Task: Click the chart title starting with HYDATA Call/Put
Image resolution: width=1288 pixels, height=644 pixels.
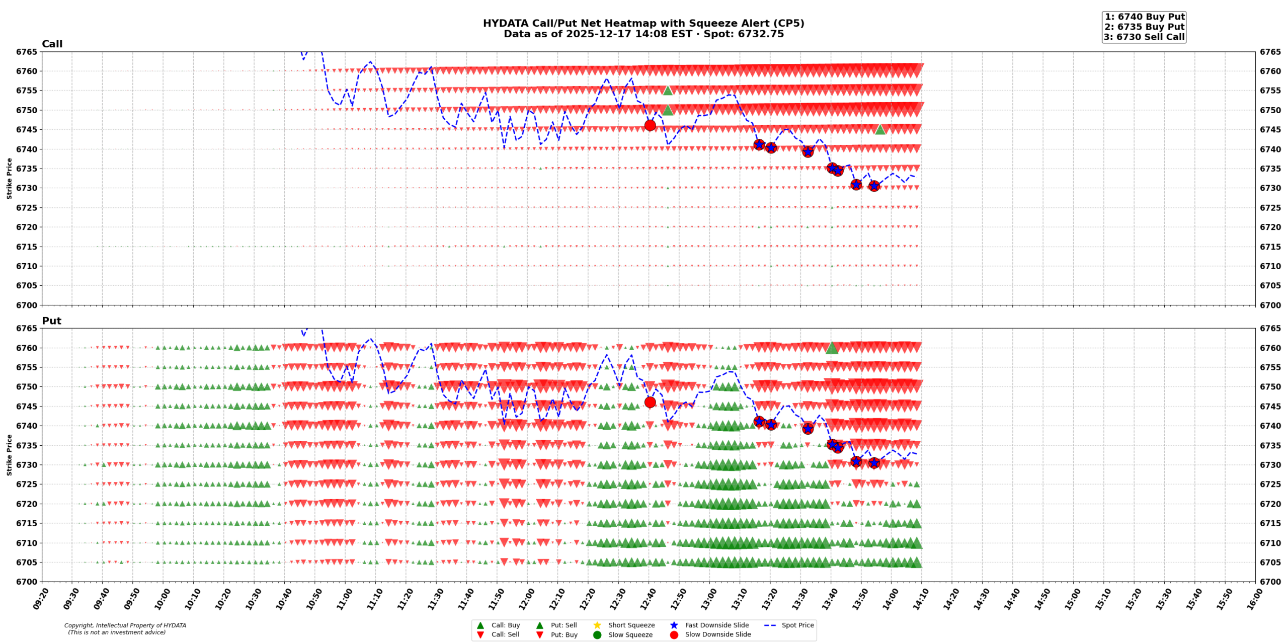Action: pyautogui.click(x=643, y=24)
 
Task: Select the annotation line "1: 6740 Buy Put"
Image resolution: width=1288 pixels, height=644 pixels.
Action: pyautogui.click(x=1144, y=17)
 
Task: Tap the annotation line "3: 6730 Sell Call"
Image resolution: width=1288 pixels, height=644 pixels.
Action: pyautogui.click(x=1144, y=37)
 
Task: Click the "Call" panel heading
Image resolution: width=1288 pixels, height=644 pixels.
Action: pyautogui.click(x=52, y=44)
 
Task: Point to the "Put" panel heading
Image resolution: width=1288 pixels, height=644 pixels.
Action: pyautogui.click(x=51, y=321)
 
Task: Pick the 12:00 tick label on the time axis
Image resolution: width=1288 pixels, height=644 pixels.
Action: pyautogui.click(x=525, y=599)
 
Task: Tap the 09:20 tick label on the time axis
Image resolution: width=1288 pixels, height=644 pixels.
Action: pyautogui.click(x=40, y=599)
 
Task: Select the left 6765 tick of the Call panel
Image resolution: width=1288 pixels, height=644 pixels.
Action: pyautogui.click(x=27, y=52)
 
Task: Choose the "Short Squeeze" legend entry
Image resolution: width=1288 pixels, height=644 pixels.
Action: pyautogui.click(x=631, y=625)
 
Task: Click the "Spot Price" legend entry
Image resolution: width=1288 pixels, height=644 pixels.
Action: pyautogui.click(x=797, y=625)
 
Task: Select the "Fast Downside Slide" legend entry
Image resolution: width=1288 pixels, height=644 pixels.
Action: pyautogui.click(x=716, y=625)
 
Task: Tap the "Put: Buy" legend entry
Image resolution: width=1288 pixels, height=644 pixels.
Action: pyautogui.click(x=563, y=635)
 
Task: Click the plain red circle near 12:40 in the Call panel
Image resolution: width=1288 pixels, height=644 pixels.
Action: pyautogui.click(x=650, y=125)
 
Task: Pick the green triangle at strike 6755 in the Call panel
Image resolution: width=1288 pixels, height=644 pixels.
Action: pyautogui.click(x=668, y=91)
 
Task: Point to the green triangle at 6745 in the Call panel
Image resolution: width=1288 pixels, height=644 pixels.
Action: pyautogui.click(x=880, y=130)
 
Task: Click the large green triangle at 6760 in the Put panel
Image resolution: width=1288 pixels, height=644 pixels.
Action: pyautogui.click(x=832, y=348)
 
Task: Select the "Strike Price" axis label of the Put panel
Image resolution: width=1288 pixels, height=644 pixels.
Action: pyautogui.click(x=10, y=455)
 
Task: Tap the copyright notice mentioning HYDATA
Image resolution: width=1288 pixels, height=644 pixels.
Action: pyautogui.click(x=125, y=629)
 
